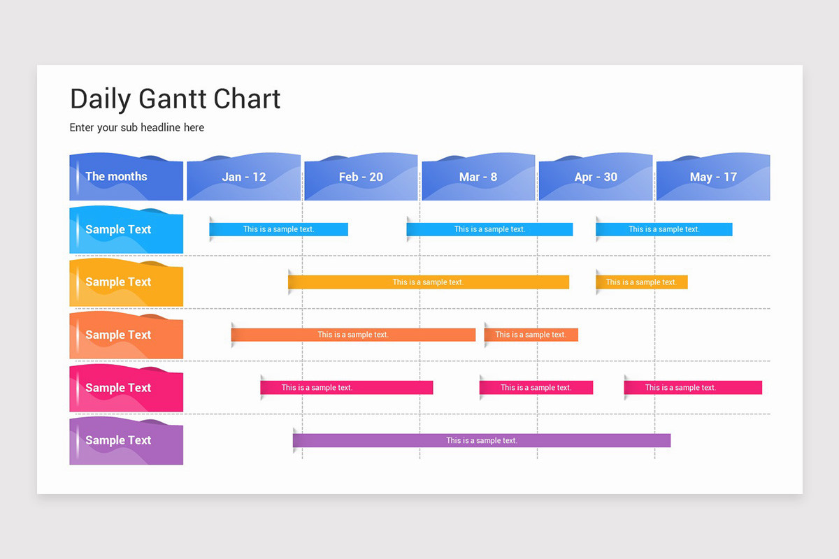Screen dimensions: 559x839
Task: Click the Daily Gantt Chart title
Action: point(175,99)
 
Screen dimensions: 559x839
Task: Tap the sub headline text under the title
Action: point(137,127)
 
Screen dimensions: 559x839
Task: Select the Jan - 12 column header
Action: point(244,177)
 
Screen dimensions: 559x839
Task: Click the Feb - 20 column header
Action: point(361,177)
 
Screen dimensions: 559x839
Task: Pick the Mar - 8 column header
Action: point(478,177)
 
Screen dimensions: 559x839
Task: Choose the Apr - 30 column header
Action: point(596,177)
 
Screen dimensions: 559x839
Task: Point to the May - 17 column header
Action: point(713,177)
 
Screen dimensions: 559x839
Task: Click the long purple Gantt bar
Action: point(482,440)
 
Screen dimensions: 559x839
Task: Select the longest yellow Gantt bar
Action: point(429,282)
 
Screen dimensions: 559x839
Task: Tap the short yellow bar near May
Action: point(642,282)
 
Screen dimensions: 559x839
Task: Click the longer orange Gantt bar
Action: point(353,335)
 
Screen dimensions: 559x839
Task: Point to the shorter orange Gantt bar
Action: point(531,335)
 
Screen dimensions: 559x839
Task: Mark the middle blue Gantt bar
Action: point(489,229)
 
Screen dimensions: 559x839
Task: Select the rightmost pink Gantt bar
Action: point(693,387)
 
